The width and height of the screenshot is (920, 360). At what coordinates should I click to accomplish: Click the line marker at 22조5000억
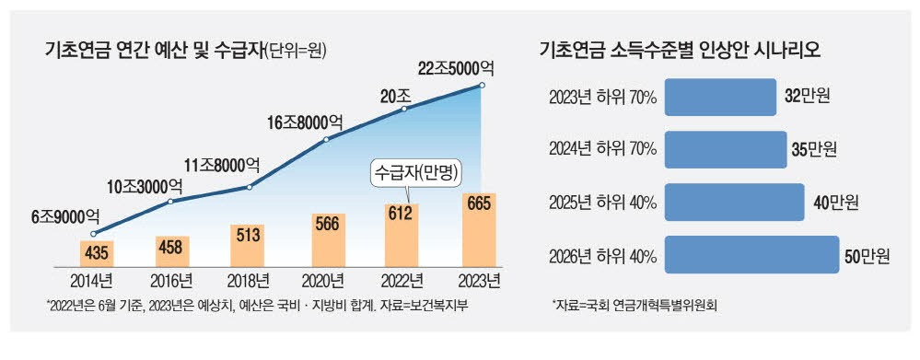pos(480,86)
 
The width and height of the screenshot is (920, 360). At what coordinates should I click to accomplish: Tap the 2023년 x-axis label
pos(479,280)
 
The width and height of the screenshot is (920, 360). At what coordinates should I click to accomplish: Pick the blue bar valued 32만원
pos(720,97)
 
